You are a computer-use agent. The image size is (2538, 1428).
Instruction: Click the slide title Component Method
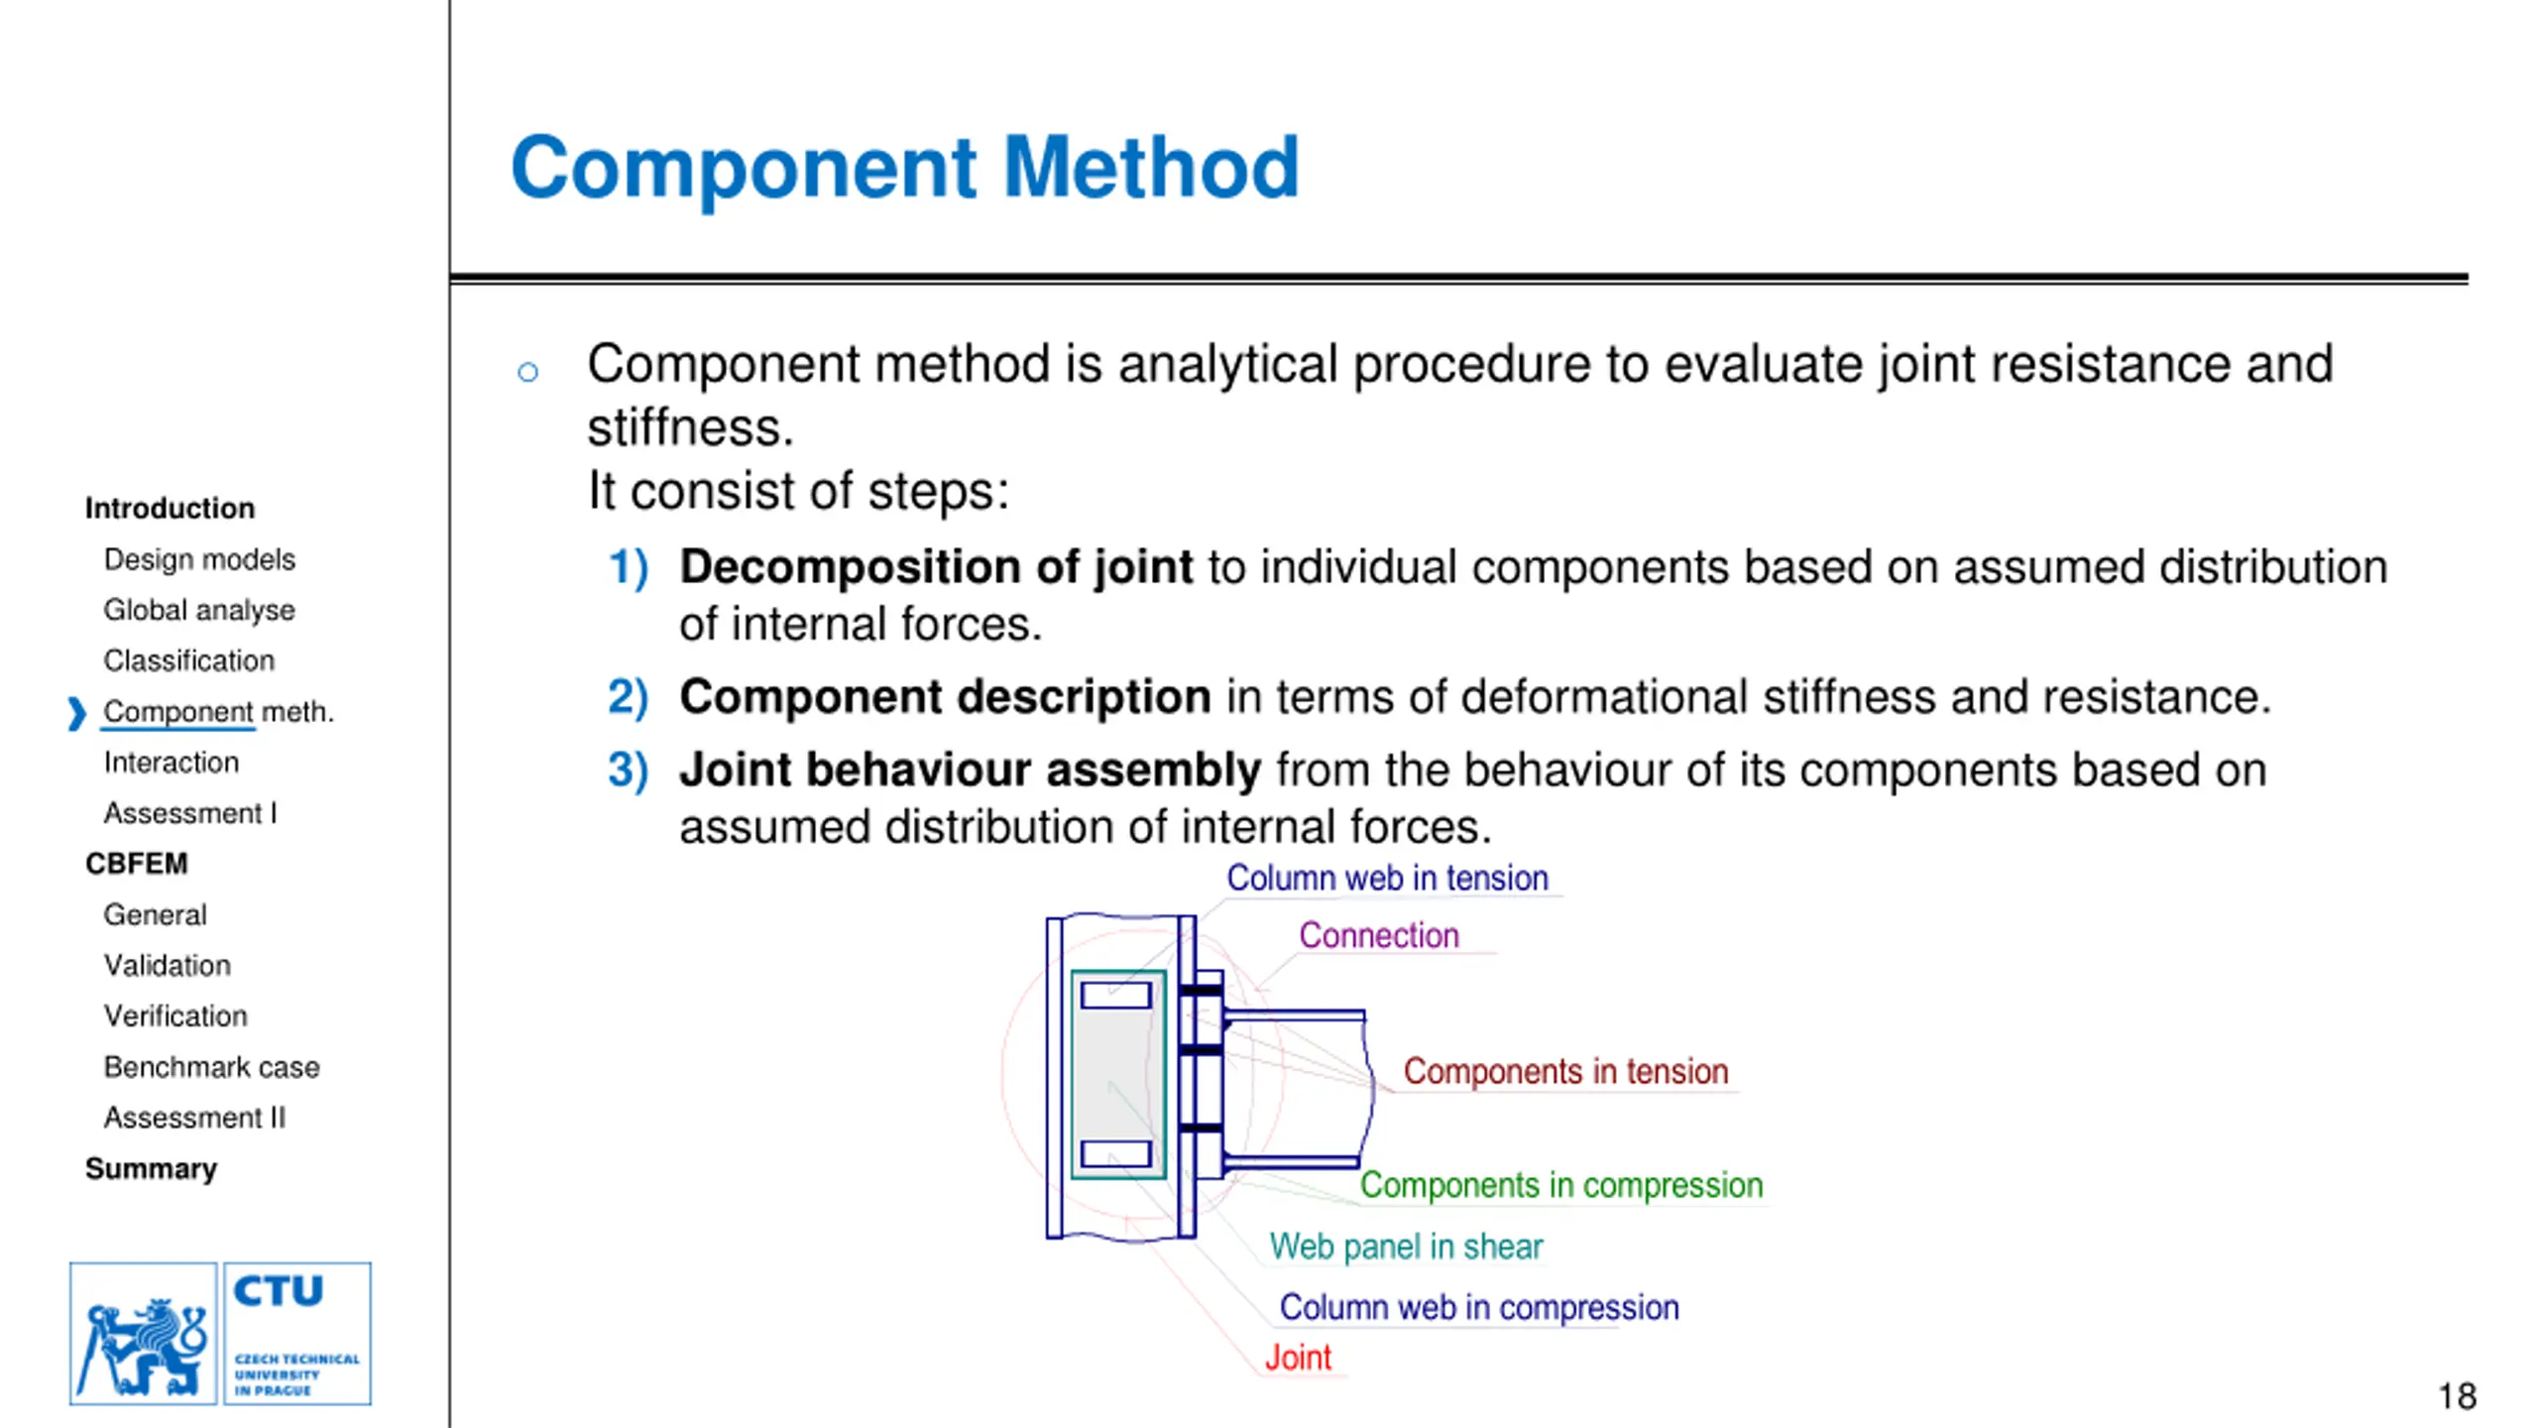(903, 168)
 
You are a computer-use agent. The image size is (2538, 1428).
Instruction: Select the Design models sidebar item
(199, 559)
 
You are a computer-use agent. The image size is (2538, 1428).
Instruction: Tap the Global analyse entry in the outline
(199, 610)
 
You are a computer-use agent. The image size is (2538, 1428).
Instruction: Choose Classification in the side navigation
(188, 660)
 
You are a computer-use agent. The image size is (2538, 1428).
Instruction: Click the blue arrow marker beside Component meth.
(76, 713)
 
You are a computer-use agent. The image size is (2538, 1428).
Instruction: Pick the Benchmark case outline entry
(211, 1067)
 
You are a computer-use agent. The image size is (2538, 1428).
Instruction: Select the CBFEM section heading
(136, 864)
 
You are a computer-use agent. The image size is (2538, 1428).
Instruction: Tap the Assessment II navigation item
(194, 1118)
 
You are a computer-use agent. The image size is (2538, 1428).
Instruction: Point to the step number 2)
(628, 697)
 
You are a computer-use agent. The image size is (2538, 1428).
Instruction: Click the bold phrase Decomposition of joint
(936, 567)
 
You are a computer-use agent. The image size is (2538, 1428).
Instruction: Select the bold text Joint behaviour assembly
(970, 770)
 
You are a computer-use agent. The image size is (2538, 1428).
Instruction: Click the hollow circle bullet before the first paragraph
(527, 372)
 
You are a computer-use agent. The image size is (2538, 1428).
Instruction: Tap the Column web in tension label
(1386, 878)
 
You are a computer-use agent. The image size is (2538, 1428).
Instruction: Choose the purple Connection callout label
(1378, 935)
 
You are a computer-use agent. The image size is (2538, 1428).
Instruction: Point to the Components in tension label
(1564, 1071)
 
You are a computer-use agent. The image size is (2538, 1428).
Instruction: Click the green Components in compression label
(1560, 1185)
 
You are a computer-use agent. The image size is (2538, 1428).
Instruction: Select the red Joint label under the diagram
(1297, 1358)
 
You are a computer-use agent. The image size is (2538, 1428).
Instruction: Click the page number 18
(2457, 1396)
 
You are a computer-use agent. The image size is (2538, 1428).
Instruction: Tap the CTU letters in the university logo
(278, 1291)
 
